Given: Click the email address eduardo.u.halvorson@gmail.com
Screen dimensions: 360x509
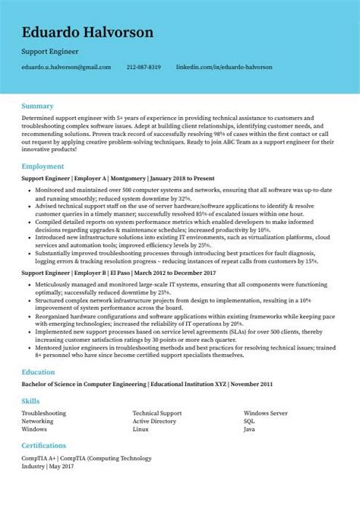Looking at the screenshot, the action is [67, 67].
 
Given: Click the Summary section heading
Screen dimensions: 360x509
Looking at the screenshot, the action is [37, 105].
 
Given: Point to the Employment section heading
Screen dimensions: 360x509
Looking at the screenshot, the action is [43, 165].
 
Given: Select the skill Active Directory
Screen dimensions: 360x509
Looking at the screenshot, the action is [154, 420].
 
